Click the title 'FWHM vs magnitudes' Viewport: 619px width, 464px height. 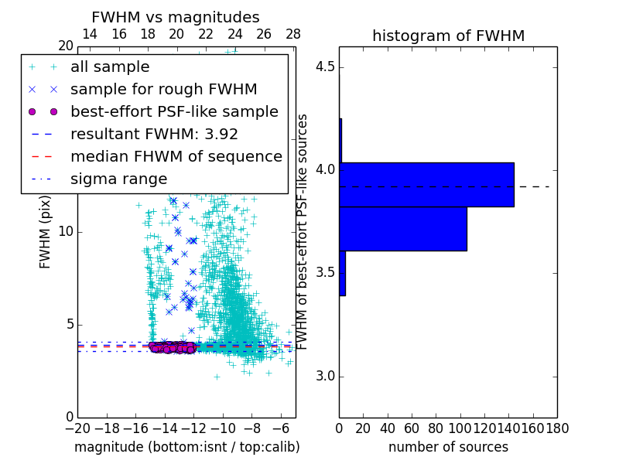click(175, 17)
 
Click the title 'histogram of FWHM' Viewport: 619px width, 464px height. click(448, 36)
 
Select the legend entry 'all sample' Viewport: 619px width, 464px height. click(110, 67)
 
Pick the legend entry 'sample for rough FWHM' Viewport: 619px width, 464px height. click(163, 89)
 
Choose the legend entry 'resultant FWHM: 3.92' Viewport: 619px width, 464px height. click(154, 134)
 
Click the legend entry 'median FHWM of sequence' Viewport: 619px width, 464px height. click(176, 156)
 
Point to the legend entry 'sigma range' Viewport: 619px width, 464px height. click(118, 179)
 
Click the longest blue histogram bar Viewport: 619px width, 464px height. click(426, 184)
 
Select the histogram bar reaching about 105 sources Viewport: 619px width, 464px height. click(403, 229)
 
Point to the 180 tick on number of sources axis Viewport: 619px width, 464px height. click(557, 427)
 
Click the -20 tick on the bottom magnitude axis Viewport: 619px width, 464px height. click(77, 427)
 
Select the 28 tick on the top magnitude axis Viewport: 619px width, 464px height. click(293, 34)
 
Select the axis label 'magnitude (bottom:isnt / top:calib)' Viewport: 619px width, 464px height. click(186, 447)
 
